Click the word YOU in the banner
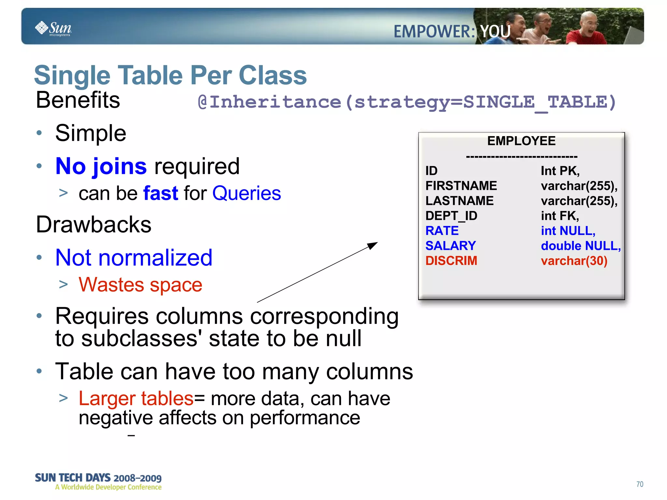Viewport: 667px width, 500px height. [x=495, y=32]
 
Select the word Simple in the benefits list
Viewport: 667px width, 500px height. [x=91, y=133]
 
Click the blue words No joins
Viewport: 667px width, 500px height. [x=101, y=166]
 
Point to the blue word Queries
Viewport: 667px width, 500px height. [x=247, y=193]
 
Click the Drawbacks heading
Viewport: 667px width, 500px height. [x=94, y=225]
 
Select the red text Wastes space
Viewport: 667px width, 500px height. [x=140, y=285]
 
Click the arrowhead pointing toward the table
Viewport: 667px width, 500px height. [x=373, y=245]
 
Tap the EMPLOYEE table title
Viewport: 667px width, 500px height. [x=521, y=141]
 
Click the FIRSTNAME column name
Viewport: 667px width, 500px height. [x=461, y=186]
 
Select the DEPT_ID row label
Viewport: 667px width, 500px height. [x=451, y=216]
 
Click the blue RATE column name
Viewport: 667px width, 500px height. [x=442, y=231]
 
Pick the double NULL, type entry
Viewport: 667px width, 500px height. [x=580, y=246]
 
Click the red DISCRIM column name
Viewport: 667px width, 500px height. [x=451, y=261]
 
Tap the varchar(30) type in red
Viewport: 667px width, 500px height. [x=574, y=261]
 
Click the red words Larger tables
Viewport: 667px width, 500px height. [x=136, y=399]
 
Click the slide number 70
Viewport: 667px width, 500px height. [x=640, y=484]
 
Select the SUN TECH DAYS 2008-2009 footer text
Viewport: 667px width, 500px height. [x=98, y=478]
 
